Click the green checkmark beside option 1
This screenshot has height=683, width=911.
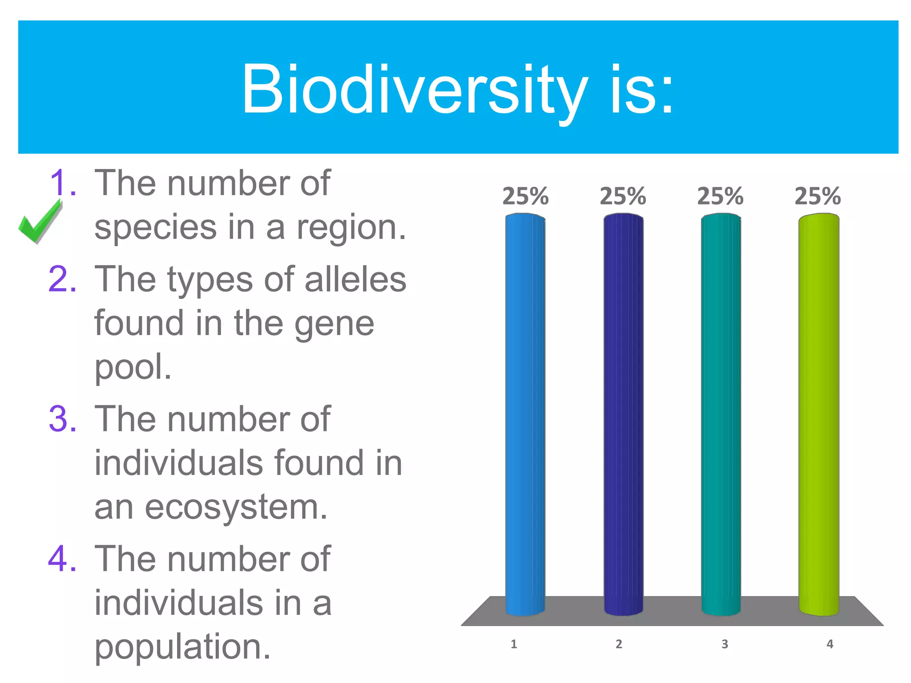(39, 221)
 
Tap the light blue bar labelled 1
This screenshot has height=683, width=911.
(525, 414)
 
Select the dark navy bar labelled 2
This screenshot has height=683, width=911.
(623, 414)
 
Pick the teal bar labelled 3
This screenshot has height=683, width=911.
(721, 414)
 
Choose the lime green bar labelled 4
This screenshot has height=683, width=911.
(818, 414)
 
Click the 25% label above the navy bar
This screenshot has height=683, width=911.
(623, 196)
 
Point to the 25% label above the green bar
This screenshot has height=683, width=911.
(818, 196)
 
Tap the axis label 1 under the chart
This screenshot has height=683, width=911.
(514, 644)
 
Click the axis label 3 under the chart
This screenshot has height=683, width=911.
(725, 644)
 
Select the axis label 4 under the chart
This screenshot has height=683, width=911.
(830, 644)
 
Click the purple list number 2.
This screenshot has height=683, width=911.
(62, 279)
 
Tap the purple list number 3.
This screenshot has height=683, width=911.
(62, 419)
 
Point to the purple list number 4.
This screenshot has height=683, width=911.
(62, 559)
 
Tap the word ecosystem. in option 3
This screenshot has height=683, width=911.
(236, 508)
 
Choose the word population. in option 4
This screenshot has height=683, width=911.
(182, 647)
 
